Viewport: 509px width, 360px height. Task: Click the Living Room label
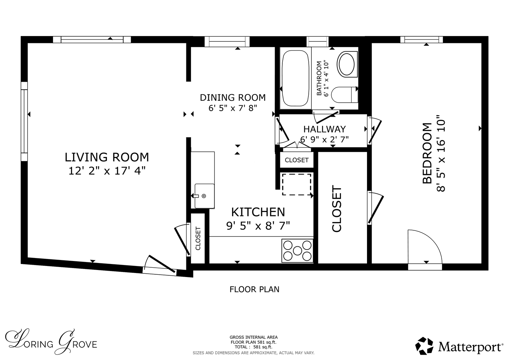tap(107, 157)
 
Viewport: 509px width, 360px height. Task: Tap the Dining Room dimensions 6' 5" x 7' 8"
tap(233, 108)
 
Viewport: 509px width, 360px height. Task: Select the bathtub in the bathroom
tap(295, 78)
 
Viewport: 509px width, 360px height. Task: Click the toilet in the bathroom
tap(344, 95)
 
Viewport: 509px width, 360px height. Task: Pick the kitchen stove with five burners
tap(297, 251)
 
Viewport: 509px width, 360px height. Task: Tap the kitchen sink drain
tap(204, 196)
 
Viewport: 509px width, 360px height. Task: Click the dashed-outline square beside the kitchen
tap(297, 184)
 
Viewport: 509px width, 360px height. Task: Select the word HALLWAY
tap(324, 129)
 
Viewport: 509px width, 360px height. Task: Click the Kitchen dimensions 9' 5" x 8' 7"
tap(258, 226)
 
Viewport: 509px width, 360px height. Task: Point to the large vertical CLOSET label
tap(337, 209)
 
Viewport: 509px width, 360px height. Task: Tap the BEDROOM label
tap(427, 153)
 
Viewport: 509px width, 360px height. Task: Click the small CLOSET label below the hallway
tap(297, 160)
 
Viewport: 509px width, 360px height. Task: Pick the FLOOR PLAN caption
tap(255, 290)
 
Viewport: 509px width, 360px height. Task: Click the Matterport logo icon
tap(424, 346)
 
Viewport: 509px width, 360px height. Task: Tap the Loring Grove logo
tap(51, 342)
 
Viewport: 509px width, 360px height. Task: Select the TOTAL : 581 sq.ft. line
tap(254, 347)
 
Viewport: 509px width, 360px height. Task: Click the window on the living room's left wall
tap(24, 122)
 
